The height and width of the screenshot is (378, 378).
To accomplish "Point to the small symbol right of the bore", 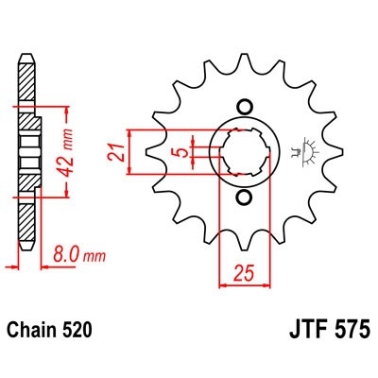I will [x=303, y=150].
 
